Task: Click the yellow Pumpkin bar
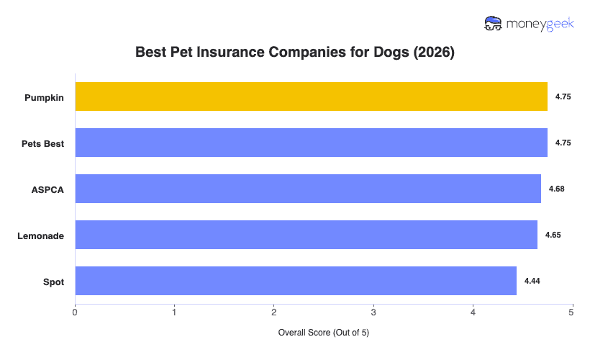pyautogui.click(x=311, y=96)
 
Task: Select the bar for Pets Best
pyautogui.click(x=311, y=143)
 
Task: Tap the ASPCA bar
pyautogui.click(x=308, y=189)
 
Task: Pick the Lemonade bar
pyautogui.click(x=306, y=235)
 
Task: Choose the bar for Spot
pyautogui.click(x=296, y=281)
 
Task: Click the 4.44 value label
pyautogui.click(x=532, y=281)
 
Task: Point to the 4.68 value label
pyautogui.click(x=556, y=189)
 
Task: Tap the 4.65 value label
pyautogui.click(x=553, y=235)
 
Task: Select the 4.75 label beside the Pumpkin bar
pyautogui.click(x=563, y=96)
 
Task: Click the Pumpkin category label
pyautogui.click(x=43, y=97)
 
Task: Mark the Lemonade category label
pyautogui.click(x=41, y=235)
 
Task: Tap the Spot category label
pyautogui.click(x=53, y=282)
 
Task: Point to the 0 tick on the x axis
pyautogui.click(x=75, y=312)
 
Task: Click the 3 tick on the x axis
pyautogui.click(x=373, y=312)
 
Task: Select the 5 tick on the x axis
pyautogui.click(x=571, y=312)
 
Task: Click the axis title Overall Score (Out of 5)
pyautogui.click(x=323, y=333)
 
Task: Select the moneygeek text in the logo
pyautogui.click(x=540, y=24)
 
